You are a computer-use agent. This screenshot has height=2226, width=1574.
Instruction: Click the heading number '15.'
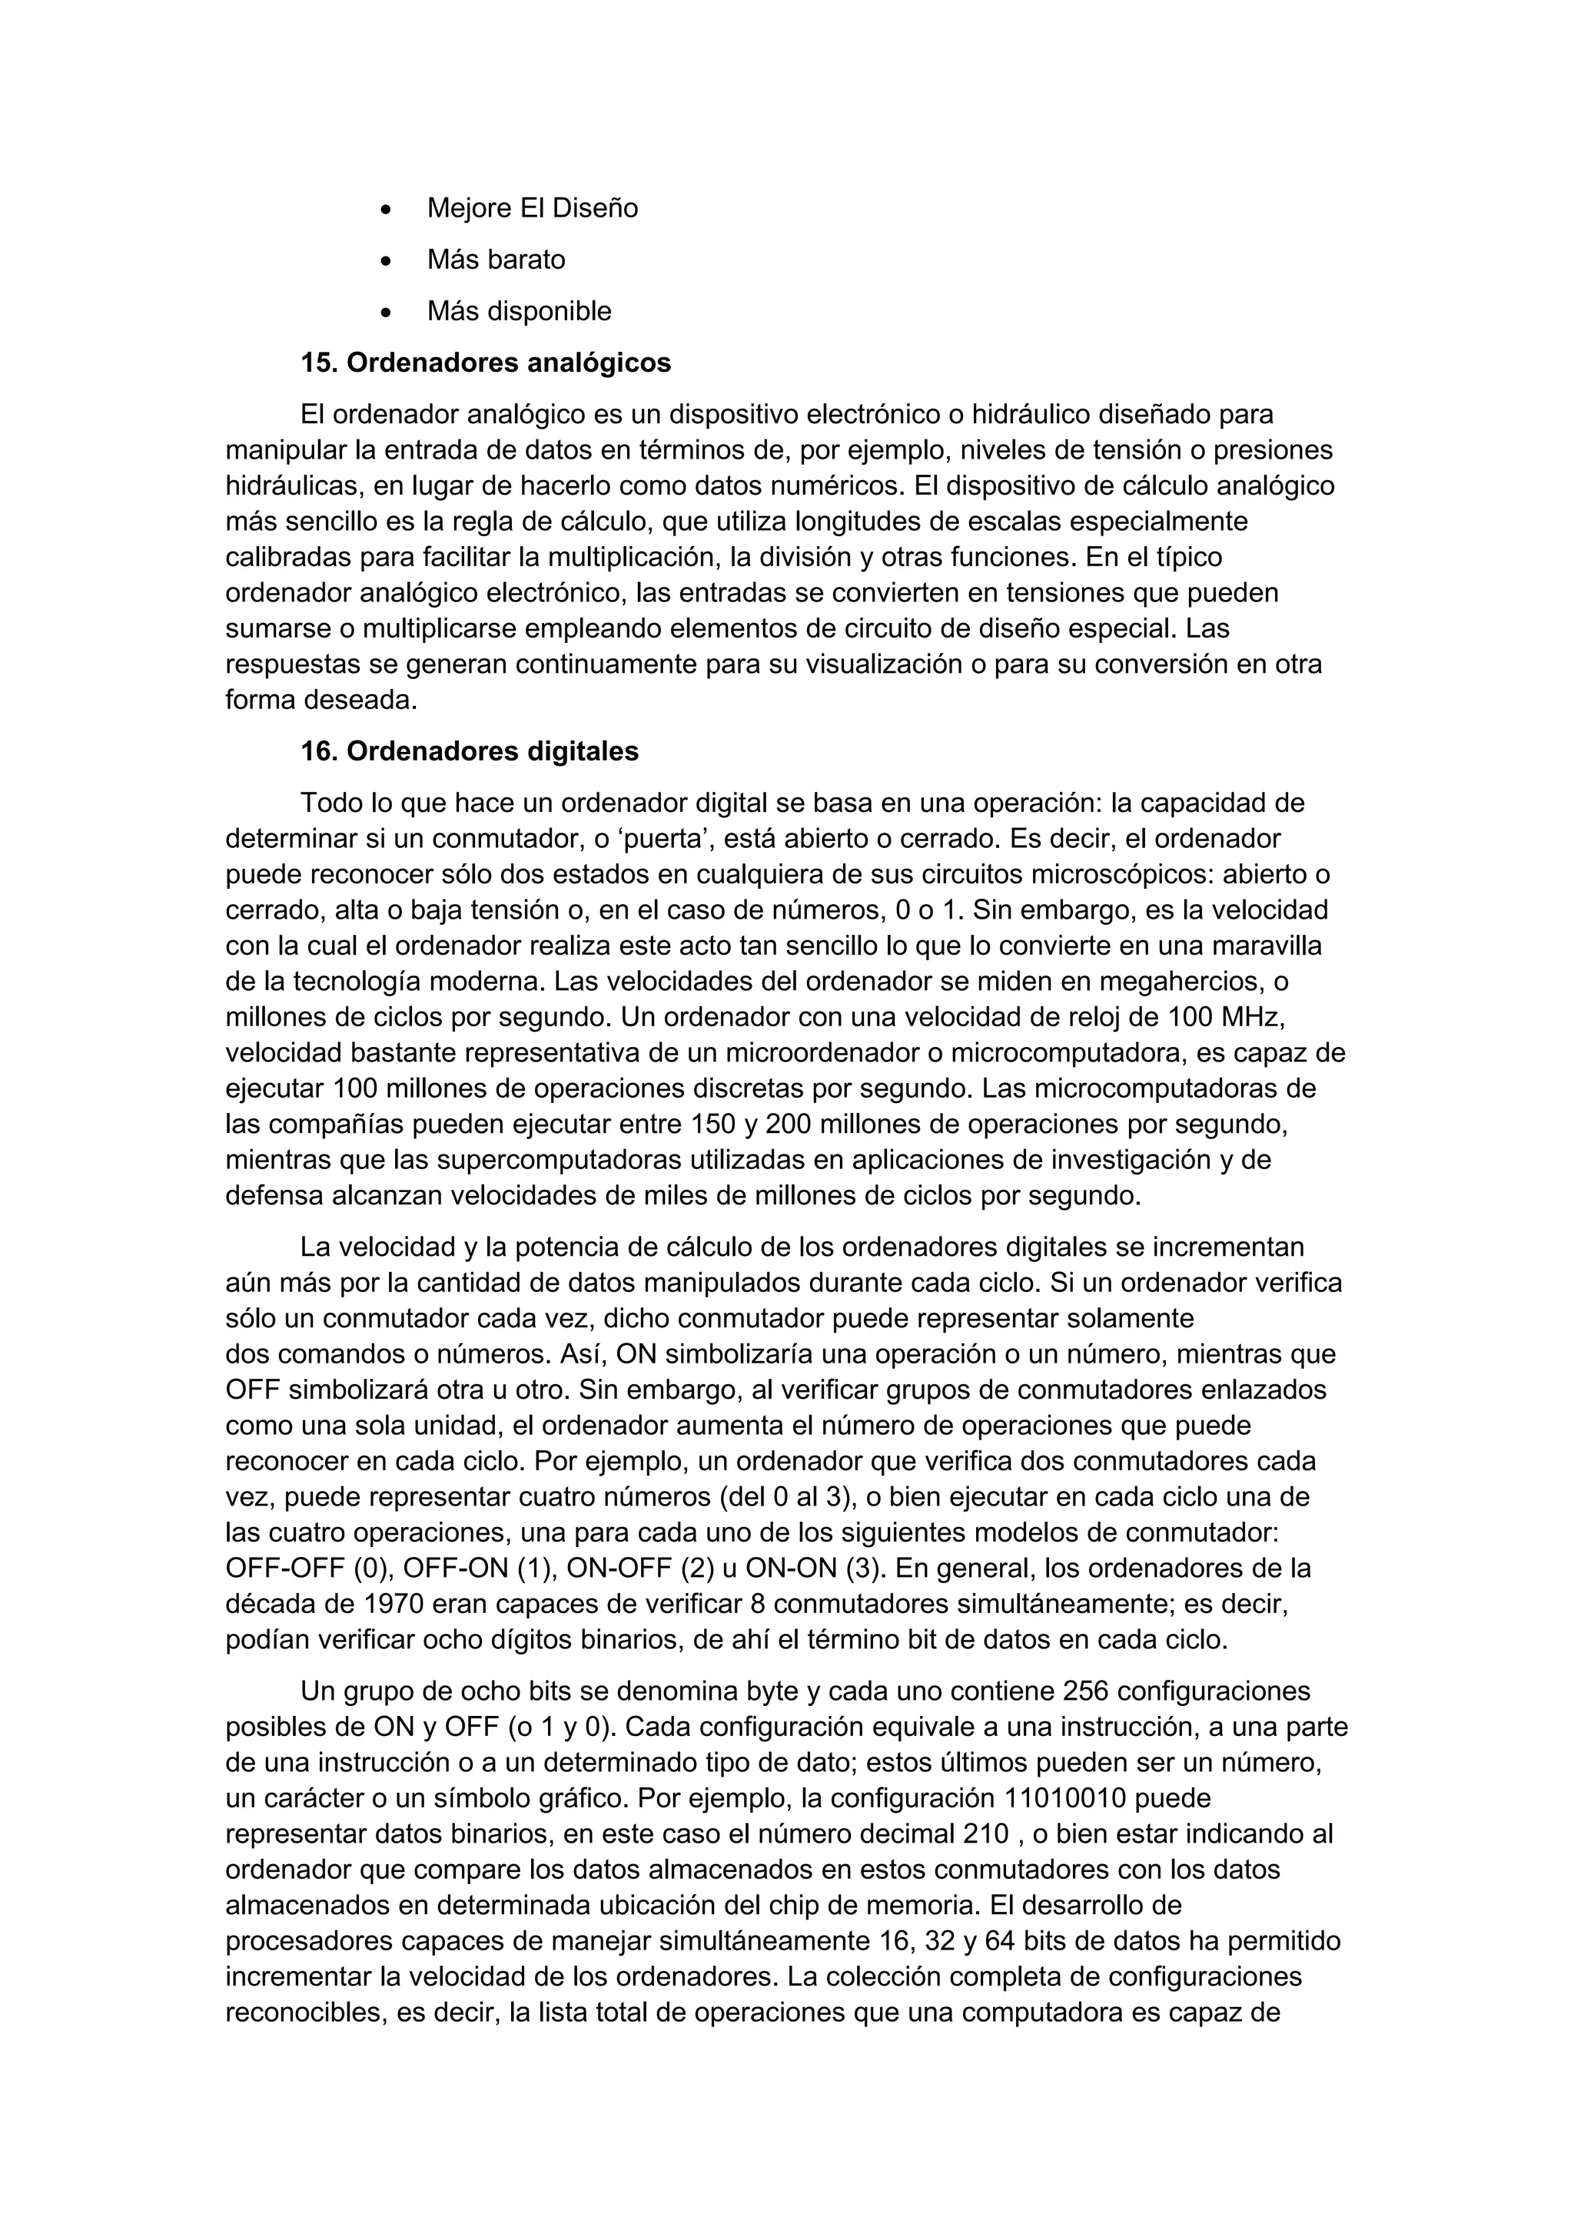[318, 363]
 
